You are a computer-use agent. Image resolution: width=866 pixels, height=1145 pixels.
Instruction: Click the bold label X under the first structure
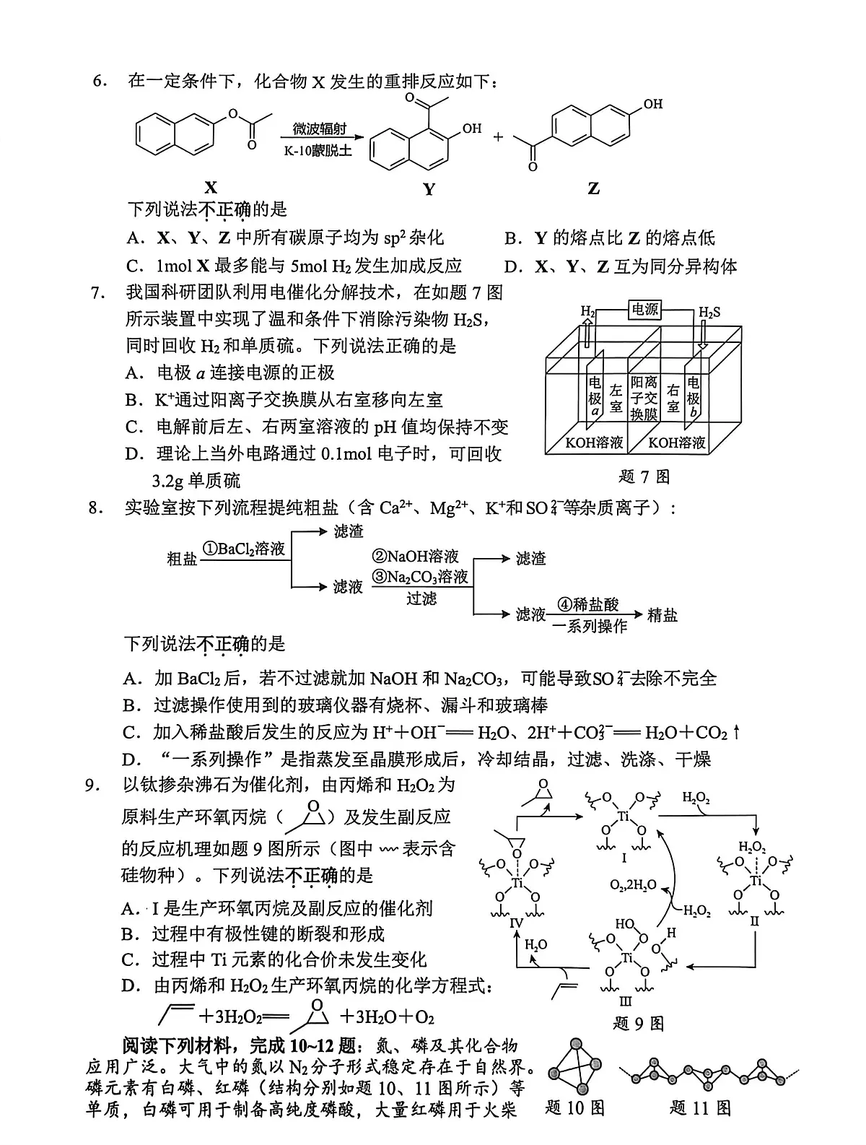tap(211, 188)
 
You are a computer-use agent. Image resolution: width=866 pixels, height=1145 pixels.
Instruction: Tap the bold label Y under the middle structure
tap(429, 189)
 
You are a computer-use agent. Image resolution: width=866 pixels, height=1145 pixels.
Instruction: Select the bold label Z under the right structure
tap(593, 189)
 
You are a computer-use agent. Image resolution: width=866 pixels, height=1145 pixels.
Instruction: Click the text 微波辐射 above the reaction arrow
tap(319, 129)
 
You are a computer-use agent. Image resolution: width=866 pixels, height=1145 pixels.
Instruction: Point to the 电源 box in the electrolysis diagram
tap(645, 309)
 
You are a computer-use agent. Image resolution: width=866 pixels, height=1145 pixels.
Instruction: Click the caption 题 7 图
tap(644, 476)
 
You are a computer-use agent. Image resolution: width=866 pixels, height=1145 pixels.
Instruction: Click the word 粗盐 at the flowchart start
tap(182, 558)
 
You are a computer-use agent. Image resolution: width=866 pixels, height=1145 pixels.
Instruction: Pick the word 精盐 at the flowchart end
tap(662, 614)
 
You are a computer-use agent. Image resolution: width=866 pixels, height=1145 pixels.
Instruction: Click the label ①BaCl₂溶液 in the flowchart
tap(243, 549)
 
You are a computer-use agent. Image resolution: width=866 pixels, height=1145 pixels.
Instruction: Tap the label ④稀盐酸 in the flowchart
tap(587, 604)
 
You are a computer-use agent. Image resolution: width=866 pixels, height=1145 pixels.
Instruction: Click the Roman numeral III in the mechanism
tap(625, 1001)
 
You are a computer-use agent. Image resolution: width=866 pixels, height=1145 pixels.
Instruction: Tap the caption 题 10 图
tap(574, 1107)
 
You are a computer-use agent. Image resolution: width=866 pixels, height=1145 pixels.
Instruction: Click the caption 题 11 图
tap(700, 1107)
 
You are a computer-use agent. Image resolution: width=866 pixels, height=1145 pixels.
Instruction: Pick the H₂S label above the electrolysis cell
tap(709, 313)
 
